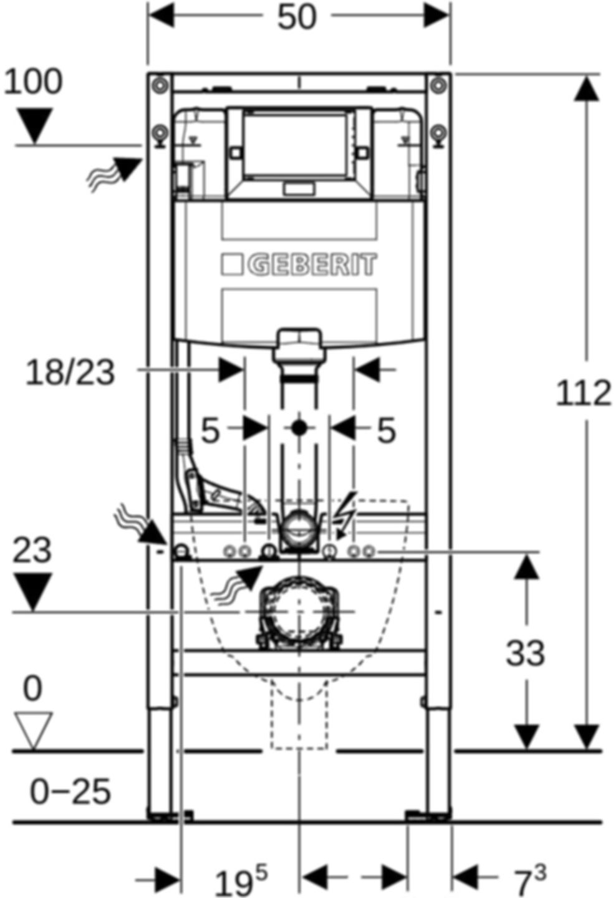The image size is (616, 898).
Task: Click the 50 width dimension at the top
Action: [297, 17]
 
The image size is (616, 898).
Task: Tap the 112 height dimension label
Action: [583, 393]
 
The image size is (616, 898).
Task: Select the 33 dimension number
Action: [525, 654]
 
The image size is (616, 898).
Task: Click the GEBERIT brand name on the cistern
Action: [313, 264]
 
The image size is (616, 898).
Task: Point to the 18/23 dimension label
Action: [70, 373]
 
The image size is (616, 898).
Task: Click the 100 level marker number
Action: [33, 82]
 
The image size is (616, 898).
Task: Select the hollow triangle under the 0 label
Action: [33, 730]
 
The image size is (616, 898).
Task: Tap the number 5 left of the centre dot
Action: [210, 430]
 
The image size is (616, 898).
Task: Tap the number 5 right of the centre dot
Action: [387, 430]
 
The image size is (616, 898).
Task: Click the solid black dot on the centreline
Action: [299, 428]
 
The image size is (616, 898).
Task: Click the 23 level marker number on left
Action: [33, 551]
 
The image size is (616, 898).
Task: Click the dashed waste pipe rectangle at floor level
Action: [299, 717]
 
